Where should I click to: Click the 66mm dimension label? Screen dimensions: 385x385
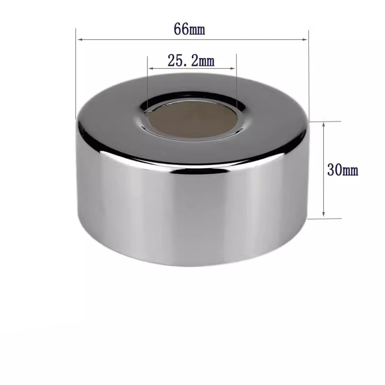point(189,29)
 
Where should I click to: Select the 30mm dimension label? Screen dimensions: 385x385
point(343,170)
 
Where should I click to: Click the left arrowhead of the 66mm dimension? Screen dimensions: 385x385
point(80,40)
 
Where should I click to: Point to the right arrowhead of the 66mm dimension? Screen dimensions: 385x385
point(305,40)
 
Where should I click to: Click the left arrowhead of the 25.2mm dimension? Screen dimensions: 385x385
point(150,68)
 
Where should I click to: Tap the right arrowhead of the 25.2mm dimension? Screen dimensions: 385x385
point(233,68)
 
